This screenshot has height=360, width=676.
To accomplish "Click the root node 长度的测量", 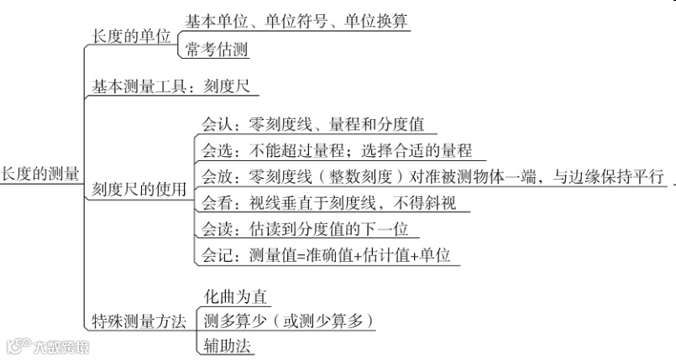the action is pos(39,174).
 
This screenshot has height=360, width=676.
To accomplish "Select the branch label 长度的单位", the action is pos(131,36).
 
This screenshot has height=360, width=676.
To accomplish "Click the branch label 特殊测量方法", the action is pos(139,322).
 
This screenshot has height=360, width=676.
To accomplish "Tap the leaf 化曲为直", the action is pos(235,296).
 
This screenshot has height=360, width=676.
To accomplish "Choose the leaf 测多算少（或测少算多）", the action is pos(288,321).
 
